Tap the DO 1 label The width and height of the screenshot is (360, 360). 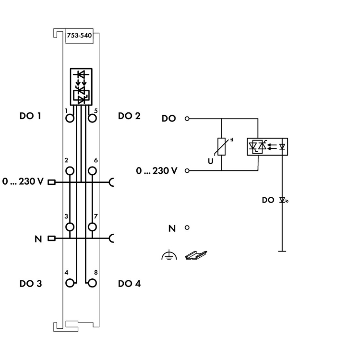[30, 116]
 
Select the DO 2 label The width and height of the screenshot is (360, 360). [129, 116]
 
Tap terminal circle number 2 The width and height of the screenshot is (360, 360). [71, 170]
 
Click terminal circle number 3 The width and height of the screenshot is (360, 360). [71, 227]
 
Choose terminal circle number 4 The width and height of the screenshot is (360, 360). [71, 283]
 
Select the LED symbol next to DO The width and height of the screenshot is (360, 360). [283, 200]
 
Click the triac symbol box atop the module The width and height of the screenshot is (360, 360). [81, 86]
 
